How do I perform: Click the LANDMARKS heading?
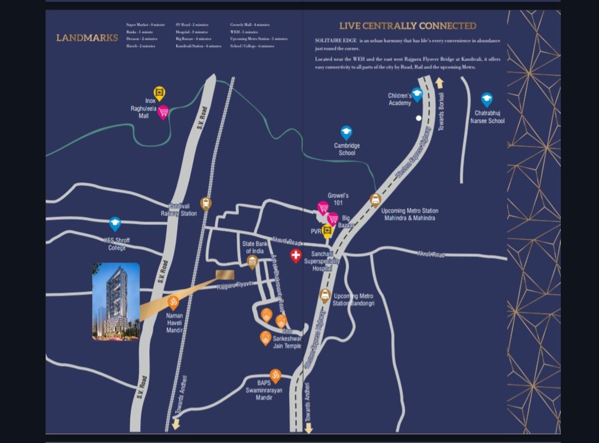coord(87,38)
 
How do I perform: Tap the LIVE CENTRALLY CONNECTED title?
coord(408,26)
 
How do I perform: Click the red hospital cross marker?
coord(296,256)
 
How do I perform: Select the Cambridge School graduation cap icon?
coord(346,132)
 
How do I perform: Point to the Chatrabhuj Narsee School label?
coord(487,117)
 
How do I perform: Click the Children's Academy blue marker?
coord(417,94)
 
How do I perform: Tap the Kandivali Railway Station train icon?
coord(206,203)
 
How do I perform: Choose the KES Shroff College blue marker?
coord(115,224)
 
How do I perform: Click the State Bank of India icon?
coord(253,262)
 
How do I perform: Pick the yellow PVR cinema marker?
coord(327,230)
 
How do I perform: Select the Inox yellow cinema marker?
coord(159,93)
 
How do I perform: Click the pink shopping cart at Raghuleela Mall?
coord(163,112)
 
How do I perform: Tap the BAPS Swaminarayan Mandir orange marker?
coord(275,376)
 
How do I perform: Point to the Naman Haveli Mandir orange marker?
coord(173,302)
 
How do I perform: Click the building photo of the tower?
coord(116,302)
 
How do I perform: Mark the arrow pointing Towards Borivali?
coord(440,84)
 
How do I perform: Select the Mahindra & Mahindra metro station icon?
coord(376,200)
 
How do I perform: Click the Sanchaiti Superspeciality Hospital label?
coord(322,261)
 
